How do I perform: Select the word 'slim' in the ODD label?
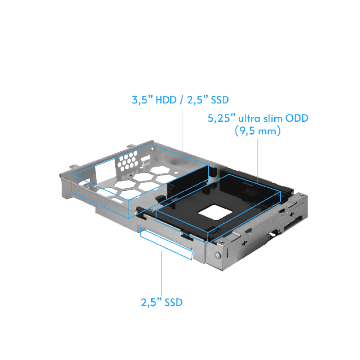click(275, 119)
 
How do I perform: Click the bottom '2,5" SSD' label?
click(161, 302)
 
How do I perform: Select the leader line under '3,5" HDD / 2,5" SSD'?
click(184, 129)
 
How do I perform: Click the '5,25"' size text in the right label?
click(220, 119)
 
